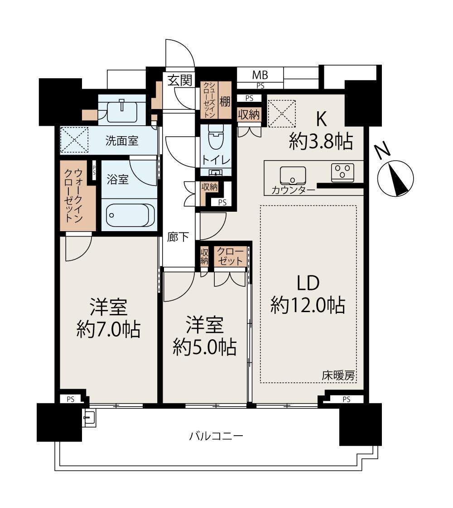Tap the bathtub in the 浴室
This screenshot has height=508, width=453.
tap(130, 215)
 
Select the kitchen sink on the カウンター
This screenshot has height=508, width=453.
tap(293, 176)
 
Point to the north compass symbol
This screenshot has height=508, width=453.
tap(395, 179)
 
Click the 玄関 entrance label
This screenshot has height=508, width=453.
tap(180, 80)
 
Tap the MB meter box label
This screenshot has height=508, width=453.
tap(260, 75)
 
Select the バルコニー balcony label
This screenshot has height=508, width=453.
tap(216, 436)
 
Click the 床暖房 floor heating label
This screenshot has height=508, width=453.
tap(338, 375)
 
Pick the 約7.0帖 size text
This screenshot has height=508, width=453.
tap(108, 330)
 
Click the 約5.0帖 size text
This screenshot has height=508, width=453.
tap(204, 347)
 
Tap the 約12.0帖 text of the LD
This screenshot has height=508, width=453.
tap(308, 305)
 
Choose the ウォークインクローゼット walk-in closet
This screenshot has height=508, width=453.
tap(78, 195)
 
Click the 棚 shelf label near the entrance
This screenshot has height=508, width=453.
tap(225, 101)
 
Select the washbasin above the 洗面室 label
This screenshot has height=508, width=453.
tap(122, 110)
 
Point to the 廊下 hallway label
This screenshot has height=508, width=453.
tap(178, 237)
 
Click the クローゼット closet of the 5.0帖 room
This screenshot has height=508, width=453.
tap(230, 256)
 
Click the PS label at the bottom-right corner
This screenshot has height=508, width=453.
tap(346, 399)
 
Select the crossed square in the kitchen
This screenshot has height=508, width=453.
tap(282, 114)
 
